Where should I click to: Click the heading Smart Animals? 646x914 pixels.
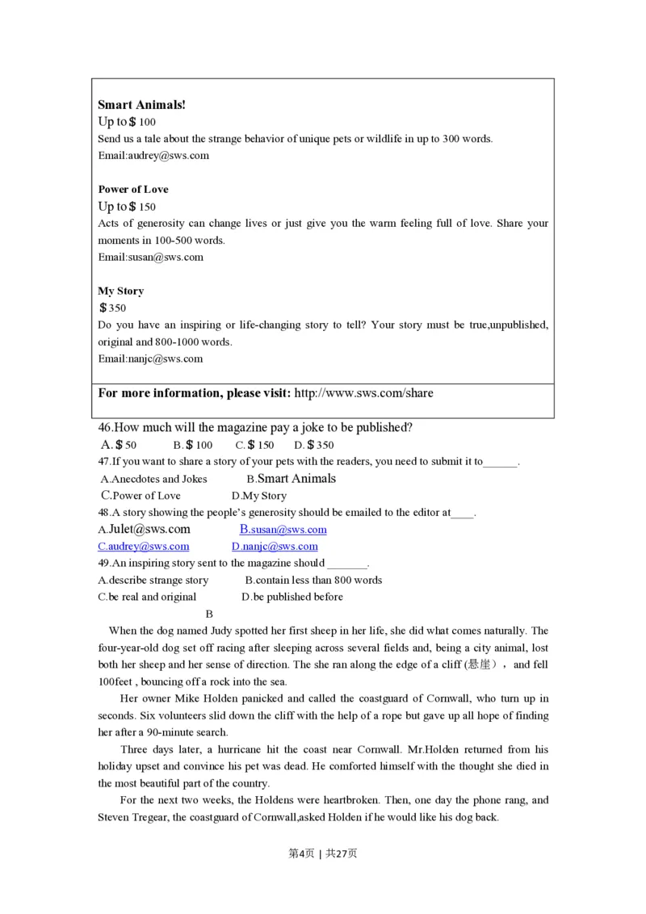[141, 104]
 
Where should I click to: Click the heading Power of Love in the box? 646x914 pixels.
[133, 189]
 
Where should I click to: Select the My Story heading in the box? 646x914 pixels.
[120, 291]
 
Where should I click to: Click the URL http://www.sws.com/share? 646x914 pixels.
[363, 393]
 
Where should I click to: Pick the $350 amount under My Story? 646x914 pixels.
[112, 308]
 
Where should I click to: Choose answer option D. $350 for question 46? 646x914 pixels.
[313, 445]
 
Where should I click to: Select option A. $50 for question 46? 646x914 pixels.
[119, 445]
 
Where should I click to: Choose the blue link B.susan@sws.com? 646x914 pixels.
[283, 530]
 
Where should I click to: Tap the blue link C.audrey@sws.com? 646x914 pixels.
[143, 547]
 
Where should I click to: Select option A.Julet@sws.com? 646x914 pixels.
[144, 530]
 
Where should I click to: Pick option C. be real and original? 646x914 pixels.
[147, 597]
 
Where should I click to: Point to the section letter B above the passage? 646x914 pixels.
[210, 614]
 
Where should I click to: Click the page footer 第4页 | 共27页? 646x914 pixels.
[322, 853]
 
